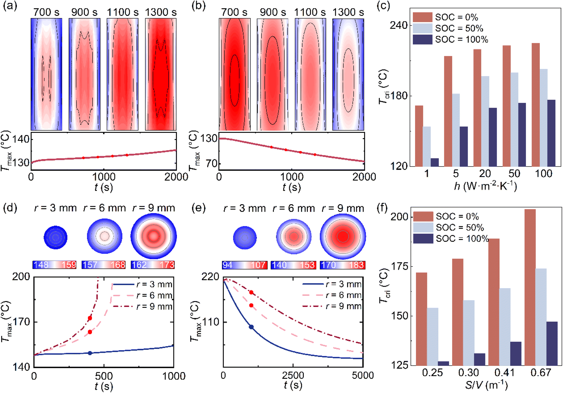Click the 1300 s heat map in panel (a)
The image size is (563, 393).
click(x=161, y=74)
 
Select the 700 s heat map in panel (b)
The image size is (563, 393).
click(x=235, y=74)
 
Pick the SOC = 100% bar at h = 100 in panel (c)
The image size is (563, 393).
click(x=551, y=133)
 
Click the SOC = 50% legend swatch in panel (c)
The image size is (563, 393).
click(x=423, y=28)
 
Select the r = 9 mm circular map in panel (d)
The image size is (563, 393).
click(x=153, y=236)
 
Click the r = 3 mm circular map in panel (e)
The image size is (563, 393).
click(x=245, y=237)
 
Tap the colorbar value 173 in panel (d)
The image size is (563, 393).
click(x=167, y=265)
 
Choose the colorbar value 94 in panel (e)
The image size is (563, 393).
click(x=227, y=265)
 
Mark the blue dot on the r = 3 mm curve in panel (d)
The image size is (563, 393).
click(x=90, y=353)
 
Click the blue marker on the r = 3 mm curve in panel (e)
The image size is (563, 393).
click(x=251, y=327)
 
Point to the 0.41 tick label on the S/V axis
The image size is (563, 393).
click(x=505, y=373)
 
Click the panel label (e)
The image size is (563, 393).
click(x=198, y=208)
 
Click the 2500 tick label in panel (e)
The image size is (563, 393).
click(x=293, y=376)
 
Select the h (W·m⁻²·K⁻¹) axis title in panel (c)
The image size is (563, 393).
click(x=485, y=186)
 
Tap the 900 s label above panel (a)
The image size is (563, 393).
click(x=84, y=12)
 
